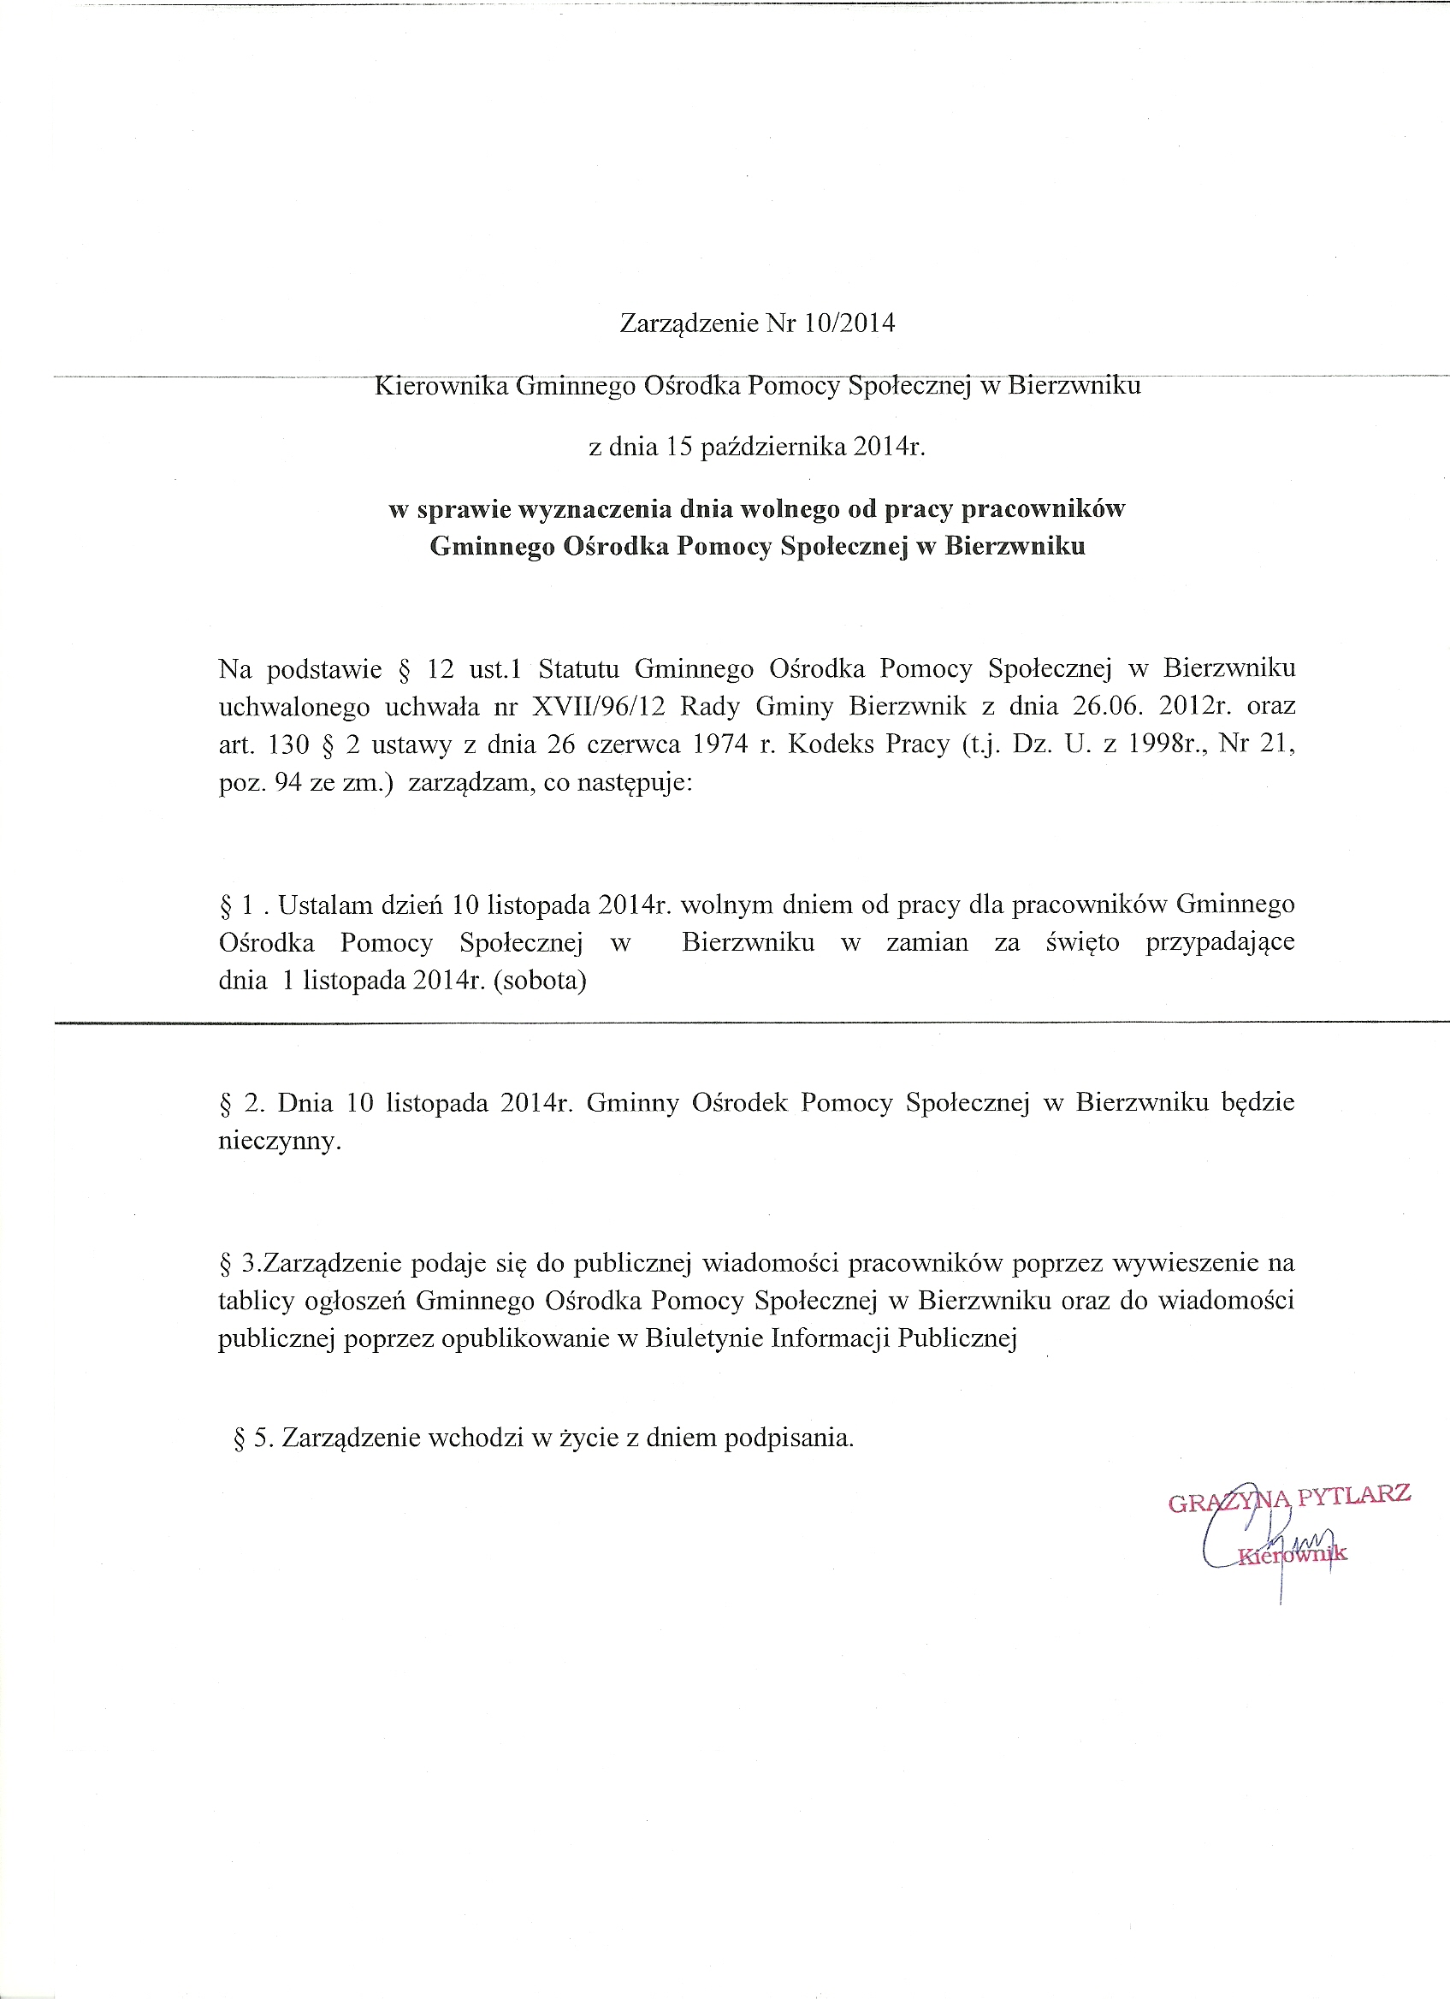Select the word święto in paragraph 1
tap(1083, 942)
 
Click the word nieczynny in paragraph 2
tap(278, 1142)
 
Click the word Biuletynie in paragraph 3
tap(704, 1339)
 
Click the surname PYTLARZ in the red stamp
tap(1354, 1493)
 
